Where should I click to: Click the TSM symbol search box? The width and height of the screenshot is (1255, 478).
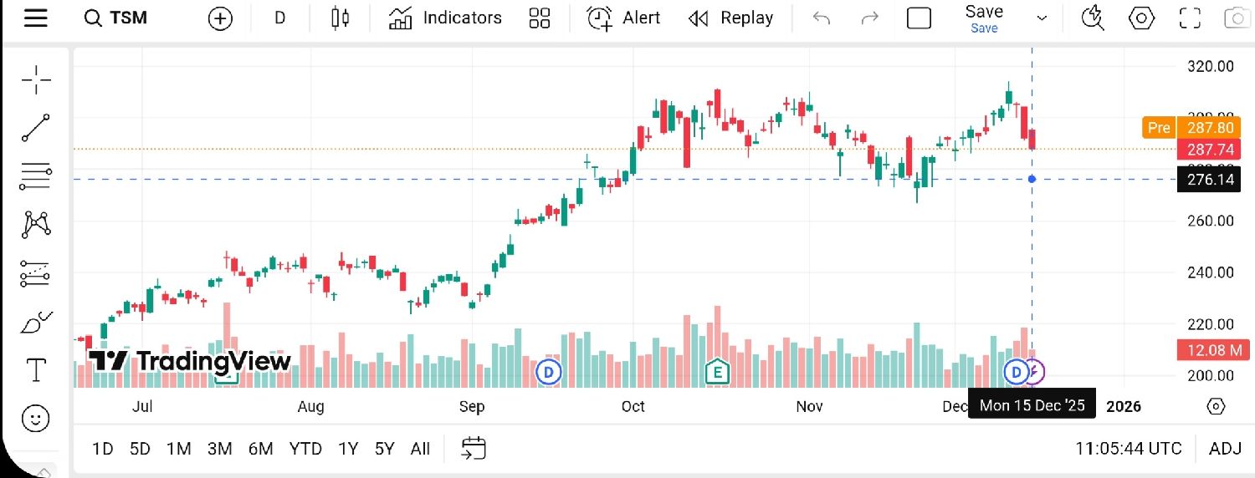point(117,18)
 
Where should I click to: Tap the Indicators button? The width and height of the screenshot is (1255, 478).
point(445,18)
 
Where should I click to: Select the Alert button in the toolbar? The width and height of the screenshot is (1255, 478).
point(622,18)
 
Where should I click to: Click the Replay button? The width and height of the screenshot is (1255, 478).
point(730,18)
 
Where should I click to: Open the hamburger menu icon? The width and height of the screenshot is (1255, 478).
point(35,18)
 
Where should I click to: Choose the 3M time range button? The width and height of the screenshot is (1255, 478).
point(219,449)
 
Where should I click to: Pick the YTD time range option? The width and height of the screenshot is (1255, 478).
point(305,449)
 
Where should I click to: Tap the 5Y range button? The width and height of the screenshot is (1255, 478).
point(384,449)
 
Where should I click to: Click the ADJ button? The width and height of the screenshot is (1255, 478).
point(1225,449)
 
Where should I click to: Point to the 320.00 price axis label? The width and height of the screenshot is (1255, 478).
point(1211,66)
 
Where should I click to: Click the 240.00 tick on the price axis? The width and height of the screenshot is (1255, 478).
point(1211,272)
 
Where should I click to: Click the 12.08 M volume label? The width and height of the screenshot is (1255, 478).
point(1209,350)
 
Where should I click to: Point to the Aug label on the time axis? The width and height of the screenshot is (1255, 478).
point(310,407)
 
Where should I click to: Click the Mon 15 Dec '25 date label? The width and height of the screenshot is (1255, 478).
point(1032,406)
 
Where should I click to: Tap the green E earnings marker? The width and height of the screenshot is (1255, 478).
point(716,371)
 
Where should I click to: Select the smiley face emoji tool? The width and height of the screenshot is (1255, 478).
point(36,419)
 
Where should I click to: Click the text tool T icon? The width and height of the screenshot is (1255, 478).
point(36,369)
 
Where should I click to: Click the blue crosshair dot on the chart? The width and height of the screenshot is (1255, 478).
point(1032,179)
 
